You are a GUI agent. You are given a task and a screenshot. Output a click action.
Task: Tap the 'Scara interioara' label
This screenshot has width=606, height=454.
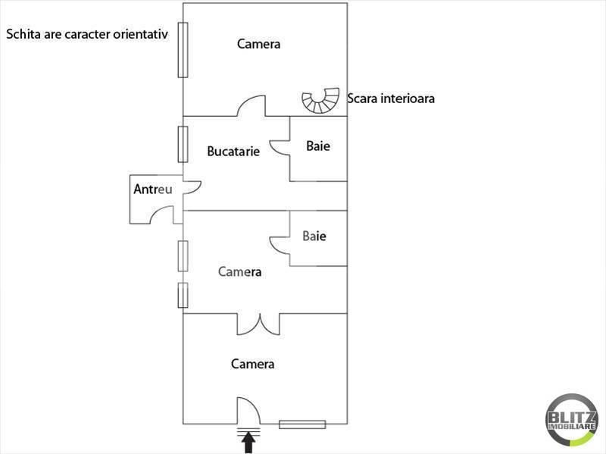pyautogui.click(x=390, y=99)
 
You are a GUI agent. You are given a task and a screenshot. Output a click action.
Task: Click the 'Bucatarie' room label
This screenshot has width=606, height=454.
pyautogui.click(x=233, y=151)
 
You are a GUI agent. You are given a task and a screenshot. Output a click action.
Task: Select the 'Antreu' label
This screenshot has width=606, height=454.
pyautogui.click(x=154, y=189)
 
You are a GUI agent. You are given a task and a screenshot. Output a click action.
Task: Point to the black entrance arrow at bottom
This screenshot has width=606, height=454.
pyautogui.click(x=248, y=442)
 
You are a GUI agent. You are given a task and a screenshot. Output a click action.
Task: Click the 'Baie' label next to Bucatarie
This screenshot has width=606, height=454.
pyautogui.click(x=318, y=146)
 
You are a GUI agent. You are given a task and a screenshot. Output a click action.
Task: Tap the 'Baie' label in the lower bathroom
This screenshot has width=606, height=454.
pyautogui.click(x=314, y=236)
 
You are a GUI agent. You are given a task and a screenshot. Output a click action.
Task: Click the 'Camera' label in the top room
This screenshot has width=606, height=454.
pyautogui.click(x=258, y=44)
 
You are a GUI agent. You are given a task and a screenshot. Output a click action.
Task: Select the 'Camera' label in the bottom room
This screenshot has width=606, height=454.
pyautogui.click(x=252, y=365)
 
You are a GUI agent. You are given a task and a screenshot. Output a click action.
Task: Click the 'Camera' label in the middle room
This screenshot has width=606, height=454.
pyautogui.click(x=239, y=271)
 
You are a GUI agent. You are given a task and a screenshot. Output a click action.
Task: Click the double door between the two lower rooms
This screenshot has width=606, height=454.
pyautogui.click(x=259, y=324)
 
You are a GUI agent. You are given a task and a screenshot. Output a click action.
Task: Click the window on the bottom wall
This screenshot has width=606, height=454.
pyautogui.click(x=302, y=424)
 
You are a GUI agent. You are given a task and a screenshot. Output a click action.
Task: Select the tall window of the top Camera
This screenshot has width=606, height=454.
pyautogui.click(x=183, y=49)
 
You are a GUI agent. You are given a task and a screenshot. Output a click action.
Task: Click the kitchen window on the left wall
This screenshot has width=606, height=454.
pyautogui.click(x=183, y=144)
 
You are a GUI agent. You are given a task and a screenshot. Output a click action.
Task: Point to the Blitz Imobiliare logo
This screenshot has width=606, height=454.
pyautogui.click(x=571, y=420)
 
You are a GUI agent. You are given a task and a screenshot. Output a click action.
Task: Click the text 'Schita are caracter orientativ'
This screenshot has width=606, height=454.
pyautogui.click(x=86, y=34)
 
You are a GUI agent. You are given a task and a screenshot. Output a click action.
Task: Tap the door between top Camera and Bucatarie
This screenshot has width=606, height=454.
pyautogui.click(x=251, y=106)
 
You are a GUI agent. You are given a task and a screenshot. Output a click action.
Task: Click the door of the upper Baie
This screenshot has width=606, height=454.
pyautogui.click(x=282, y=145)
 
